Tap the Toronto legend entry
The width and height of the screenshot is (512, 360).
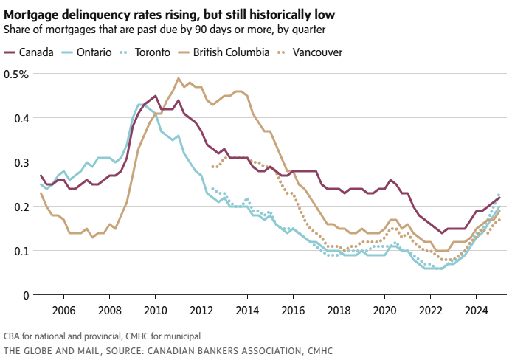(x=152, y=52)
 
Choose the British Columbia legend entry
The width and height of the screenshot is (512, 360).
(x=230, y=52)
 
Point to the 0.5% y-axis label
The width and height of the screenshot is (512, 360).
(x=16, y=74)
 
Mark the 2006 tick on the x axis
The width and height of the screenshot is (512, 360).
(x=63, y=310)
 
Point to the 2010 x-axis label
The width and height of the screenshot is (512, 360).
(x=155, y=310)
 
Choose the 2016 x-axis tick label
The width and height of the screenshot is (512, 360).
(x=292, y=310)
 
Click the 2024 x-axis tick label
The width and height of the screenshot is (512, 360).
(x=475, y=310)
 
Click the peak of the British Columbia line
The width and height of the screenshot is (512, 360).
(x=179, y=78)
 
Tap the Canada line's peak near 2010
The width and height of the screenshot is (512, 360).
(x=155, y=96)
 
